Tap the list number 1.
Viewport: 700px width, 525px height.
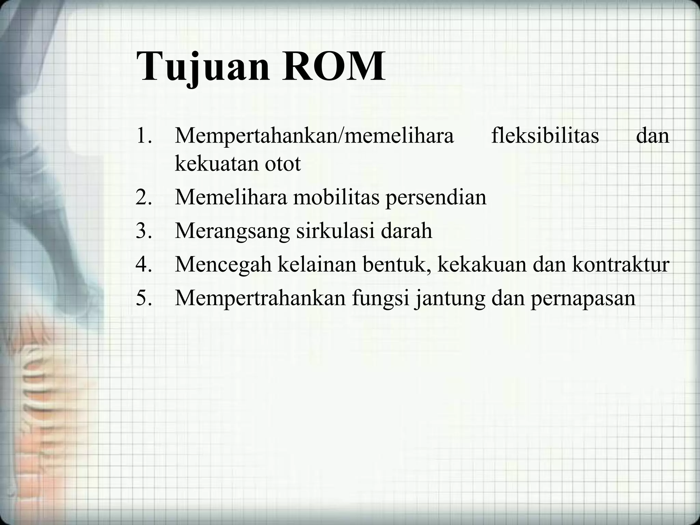[143, 136]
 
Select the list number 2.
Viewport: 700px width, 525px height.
[143, 198]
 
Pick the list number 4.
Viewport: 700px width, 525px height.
[143, 264]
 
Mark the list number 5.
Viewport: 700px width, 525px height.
[143, 298]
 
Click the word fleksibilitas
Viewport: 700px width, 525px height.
[545, 136]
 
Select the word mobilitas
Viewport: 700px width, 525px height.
[336, 198]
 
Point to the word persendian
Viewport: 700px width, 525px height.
[436, 198]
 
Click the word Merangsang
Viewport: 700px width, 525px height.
[232, 232]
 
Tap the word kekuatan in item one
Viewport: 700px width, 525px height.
[216, 164]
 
